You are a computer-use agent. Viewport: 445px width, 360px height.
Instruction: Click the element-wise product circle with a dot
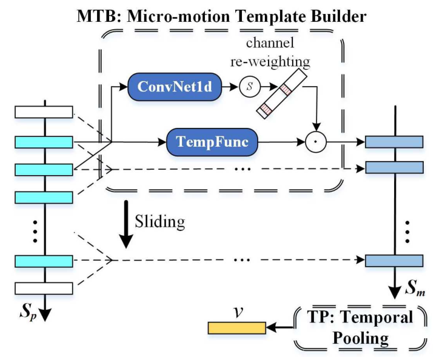coord(314,143)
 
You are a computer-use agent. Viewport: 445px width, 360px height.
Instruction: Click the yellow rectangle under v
coord(236,328)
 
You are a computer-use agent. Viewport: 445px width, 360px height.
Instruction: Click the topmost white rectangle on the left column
coord(44,112)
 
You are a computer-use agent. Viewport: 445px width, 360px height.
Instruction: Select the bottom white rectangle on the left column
coord(44,287)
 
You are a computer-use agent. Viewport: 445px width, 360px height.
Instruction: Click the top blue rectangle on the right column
coord(393,142)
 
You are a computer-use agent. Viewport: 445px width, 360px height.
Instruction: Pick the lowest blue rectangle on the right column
coord(393,261)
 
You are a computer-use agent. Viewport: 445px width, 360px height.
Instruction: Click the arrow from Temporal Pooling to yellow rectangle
coord(279,328)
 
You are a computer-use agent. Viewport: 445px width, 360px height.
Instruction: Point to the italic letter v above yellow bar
coord(238,312)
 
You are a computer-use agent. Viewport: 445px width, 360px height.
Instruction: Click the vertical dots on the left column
coord(35,231)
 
